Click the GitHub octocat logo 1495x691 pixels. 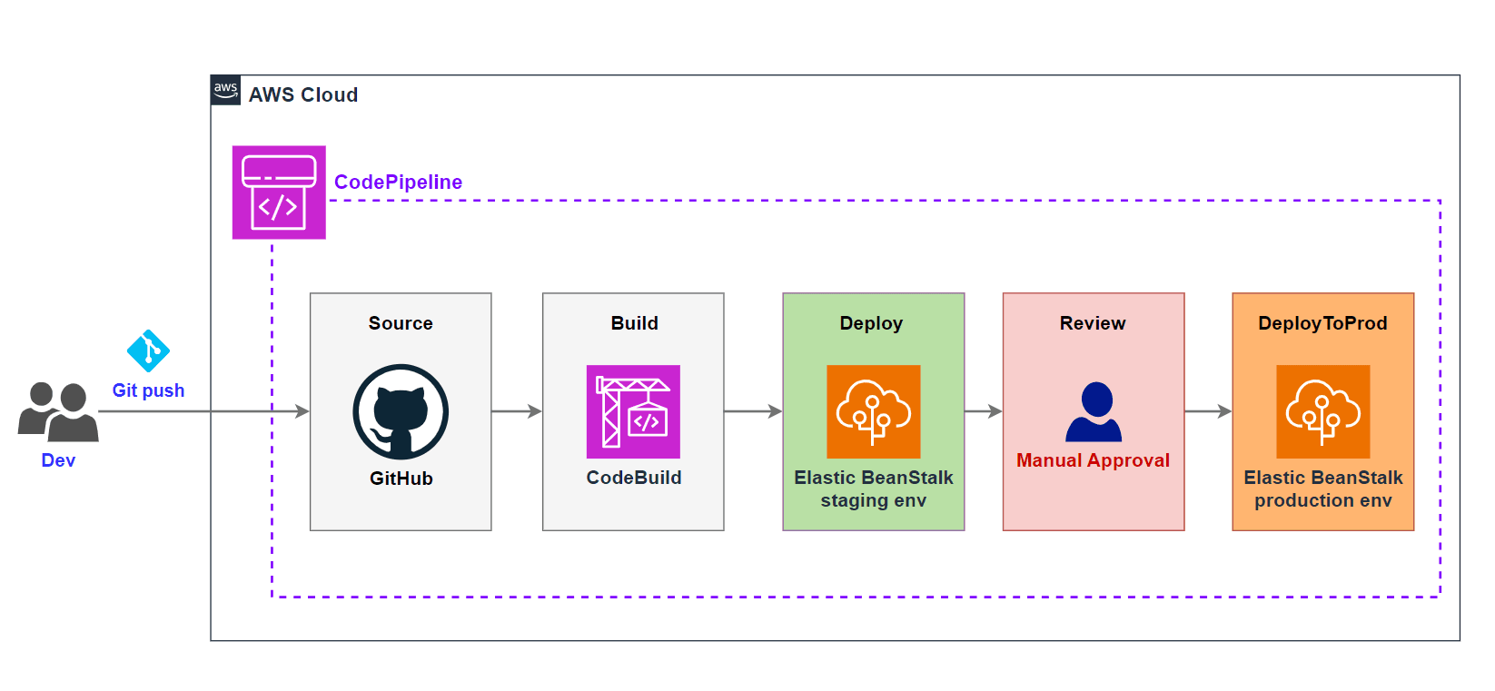click(x=401, y=411)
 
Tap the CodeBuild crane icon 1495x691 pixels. click(x=633, y=411)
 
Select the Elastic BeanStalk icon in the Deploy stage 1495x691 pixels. click(x=873, y=411)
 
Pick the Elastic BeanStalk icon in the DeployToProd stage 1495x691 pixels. click(x=1322, y=411)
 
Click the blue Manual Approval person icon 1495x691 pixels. click(x=1094, y=412)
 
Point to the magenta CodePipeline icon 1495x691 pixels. click(x=279, y=192)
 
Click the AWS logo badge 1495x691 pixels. click(x=226, y=90)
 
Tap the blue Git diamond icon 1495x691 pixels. click(x=148, y=350)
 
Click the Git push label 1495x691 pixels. click(x=148, y=390)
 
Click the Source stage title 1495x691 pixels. click(x=401, y=323)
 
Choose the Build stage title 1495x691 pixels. click(x=634, y=323)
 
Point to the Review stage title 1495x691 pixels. click(x=1093, y=323)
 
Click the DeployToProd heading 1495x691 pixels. click(x=1322, y=323)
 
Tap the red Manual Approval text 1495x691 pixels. click(x=1093, y=460)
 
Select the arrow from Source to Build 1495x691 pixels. click(x=517, y=411)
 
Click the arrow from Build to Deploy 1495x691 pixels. click(x=753, y=411)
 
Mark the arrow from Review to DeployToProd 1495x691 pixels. click(x=1208, y=411)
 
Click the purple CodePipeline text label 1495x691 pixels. click(x=398, y=182)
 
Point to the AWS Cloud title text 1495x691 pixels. click(x=303, y=94)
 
